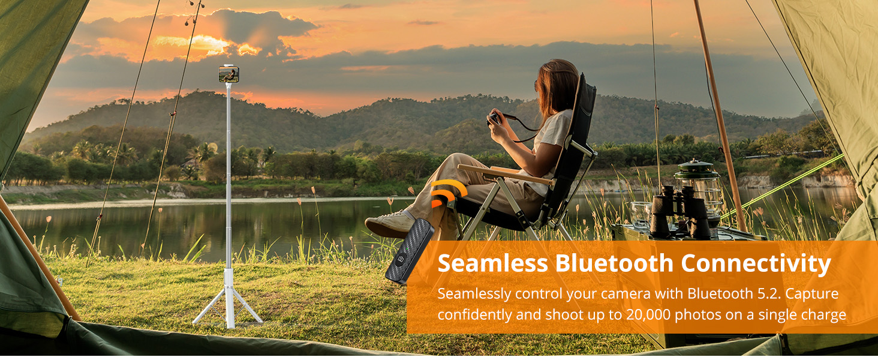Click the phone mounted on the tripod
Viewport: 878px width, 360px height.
coord(229,74)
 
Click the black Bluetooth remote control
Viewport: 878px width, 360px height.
coord(410,251)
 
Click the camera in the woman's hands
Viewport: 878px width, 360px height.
coord(495,118)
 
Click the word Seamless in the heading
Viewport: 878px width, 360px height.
coord(493,263)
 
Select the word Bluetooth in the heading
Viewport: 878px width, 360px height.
coord(614,263)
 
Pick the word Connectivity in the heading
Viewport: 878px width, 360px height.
coord(756,264)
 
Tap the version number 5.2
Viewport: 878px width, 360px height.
coord(768,293)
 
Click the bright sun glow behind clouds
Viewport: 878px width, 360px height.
coord(200,44)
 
